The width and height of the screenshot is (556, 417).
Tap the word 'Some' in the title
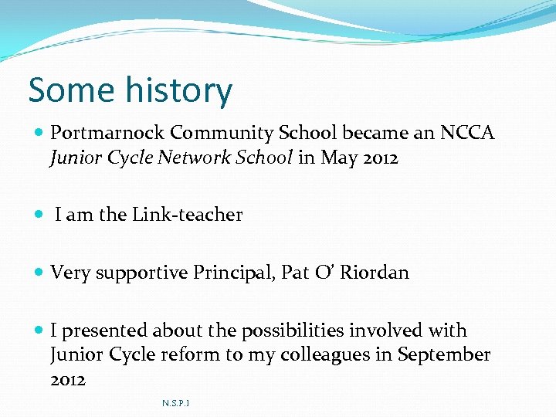point(66,90)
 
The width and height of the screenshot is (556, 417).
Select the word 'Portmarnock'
point(107,134)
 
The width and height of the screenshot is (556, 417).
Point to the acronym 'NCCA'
point(466,134)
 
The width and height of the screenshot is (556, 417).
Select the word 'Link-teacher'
point(188,215)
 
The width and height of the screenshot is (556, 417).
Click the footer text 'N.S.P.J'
point(176,403)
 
